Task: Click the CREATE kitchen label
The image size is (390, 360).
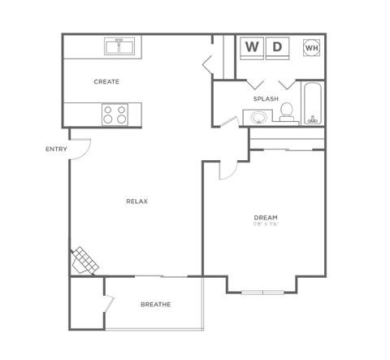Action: tap(106, 81)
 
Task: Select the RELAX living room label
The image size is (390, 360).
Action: tap(136, 201)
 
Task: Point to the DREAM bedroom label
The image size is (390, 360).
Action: tap(266, 217)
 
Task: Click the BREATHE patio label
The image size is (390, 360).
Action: tap(155, 305)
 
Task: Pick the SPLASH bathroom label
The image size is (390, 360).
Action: tap(266, 99)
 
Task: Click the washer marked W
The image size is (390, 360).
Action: tap(252, 47)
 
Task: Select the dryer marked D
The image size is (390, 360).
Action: tap(277, 47)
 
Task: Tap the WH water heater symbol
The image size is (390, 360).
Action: tap(311, 48)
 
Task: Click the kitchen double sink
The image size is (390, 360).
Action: tap(119, 46)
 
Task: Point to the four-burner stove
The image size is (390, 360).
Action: tap(115, 114)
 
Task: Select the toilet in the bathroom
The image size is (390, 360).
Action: tap(287, 115)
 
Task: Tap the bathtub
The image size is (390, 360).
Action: tap(314, 103)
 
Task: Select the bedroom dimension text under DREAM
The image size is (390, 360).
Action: tap(266, 225)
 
